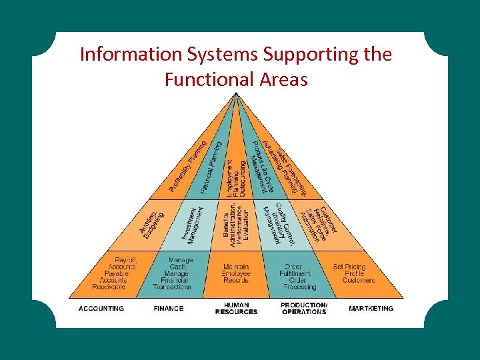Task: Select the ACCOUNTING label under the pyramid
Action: coord(101,309)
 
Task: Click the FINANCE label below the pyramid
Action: coord(169,309)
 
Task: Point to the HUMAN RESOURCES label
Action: coord(236,309)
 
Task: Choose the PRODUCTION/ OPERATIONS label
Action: coord(304,309)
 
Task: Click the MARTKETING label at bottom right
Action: coord(371,309)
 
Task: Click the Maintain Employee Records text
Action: coord(237,273)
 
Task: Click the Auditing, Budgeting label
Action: coord(152,223)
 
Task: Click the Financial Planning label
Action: coord(215,163)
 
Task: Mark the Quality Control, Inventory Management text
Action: coord(280,223)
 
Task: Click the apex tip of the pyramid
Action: coord(236,95)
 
